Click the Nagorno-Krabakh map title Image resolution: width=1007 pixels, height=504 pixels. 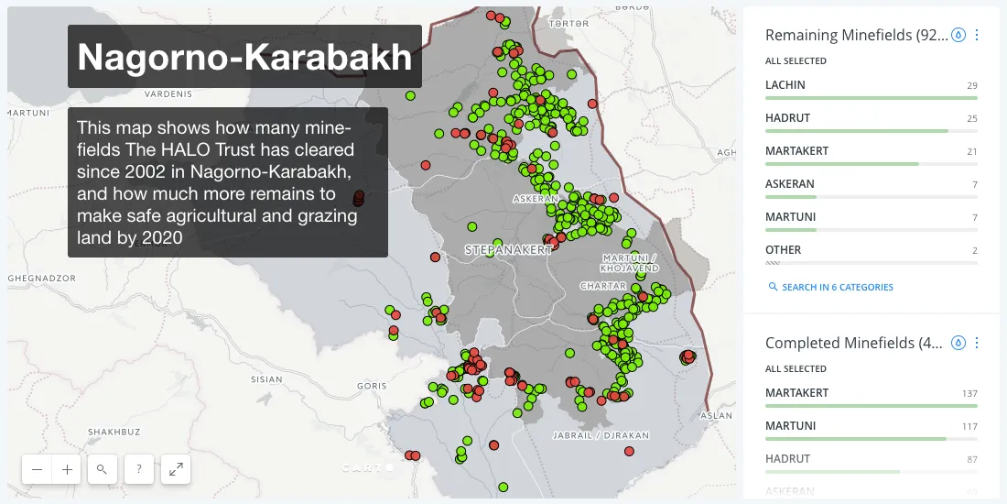pos(244,57)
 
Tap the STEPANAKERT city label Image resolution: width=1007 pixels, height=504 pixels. pos(509,249)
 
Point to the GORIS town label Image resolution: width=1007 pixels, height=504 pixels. pos(372,387)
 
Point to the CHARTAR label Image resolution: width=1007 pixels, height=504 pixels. pos(604,286)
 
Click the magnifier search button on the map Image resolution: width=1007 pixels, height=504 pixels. pos(102,469)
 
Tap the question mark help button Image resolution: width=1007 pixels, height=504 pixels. pos(138,469)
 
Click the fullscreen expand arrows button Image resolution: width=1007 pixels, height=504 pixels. pos(176,469)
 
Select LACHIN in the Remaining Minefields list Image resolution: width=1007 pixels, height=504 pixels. pos(785,85)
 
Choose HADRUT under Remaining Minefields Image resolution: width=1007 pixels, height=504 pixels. pos(787,118)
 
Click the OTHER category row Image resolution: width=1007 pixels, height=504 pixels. pos(783,250)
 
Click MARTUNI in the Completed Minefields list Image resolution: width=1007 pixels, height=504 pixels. pos(790,426)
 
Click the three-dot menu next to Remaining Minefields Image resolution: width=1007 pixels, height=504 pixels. pos(977,35)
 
